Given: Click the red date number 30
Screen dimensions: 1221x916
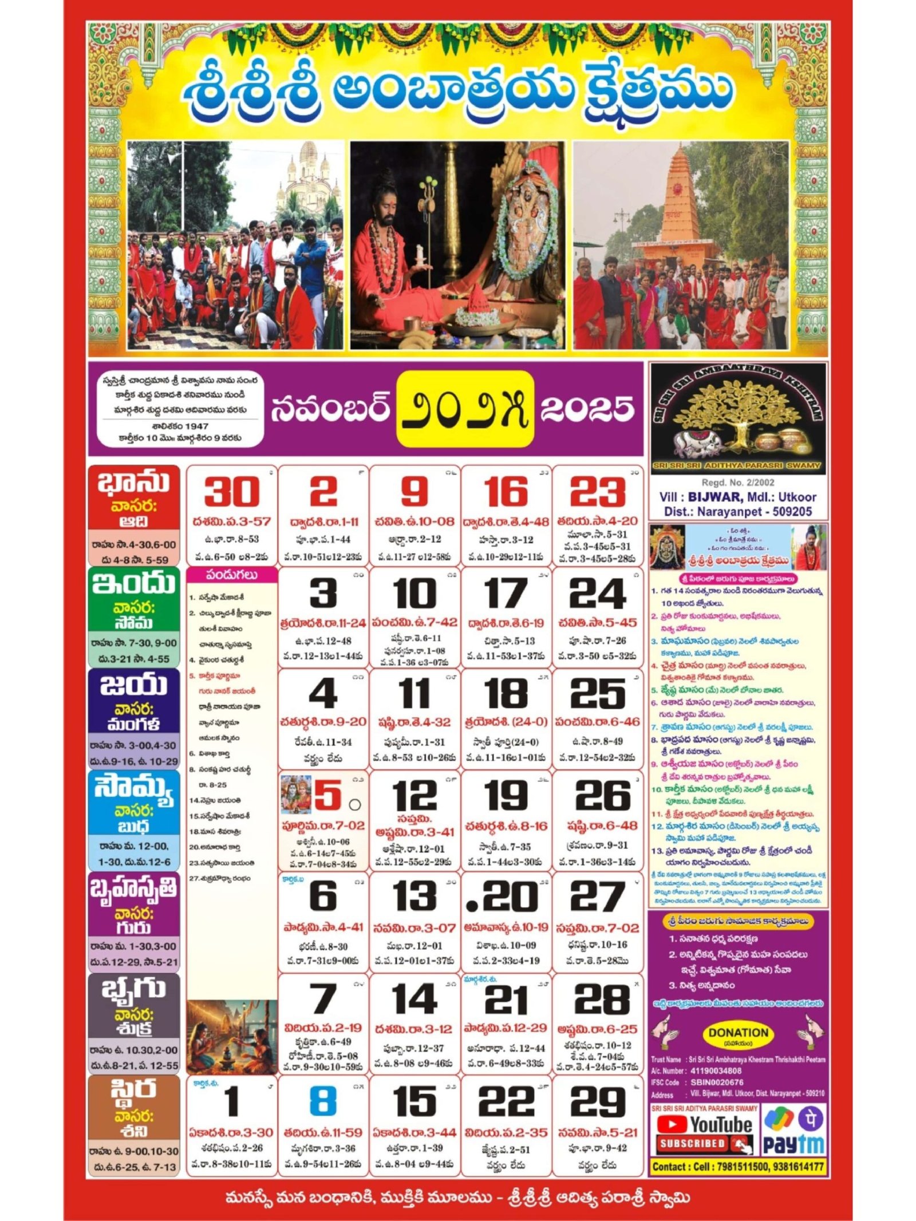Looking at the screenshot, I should [x=231, y=492].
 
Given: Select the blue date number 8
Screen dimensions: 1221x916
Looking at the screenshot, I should [x=323, y=1101].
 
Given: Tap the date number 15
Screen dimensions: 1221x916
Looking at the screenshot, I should [x=414, y=1101].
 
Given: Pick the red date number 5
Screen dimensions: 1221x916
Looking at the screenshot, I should [x=327, y=795].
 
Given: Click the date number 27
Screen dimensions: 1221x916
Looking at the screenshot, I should [x=597, y=896].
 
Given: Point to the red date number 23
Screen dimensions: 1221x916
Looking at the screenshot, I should [x=597, y=492].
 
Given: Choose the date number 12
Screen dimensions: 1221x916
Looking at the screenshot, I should [x=414, y=795].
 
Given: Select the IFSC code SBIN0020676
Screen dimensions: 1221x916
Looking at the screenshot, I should [x=717, y=1082].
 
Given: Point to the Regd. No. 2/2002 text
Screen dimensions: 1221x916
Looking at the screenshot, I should [x=738, y=483].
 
